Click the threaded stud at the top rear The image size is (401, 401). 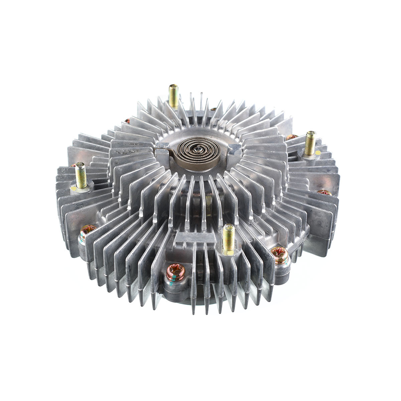(173, 96)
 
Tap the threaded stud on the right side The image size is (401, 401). (310, 143)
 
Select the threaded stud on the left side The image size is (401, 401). (81, 174)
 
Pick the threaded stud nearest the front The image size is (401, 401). (229, 238)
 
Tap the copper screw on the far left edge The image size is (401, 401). (88, 230)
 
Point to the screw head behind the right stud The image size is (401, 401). (292, 137)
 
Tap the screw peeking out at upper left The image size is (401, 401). (127, 121)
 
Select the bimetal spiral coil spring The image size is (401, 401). (197, 152)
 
